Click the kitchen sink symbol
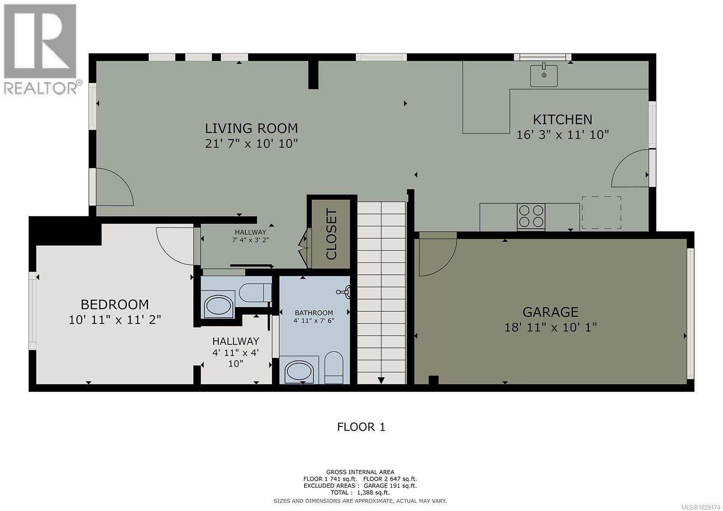tap(544, 75)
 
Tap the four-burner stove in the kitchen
tap(531, 216)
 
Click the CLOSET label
tap(331, 234)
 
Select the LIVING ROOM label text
tap(251, 128)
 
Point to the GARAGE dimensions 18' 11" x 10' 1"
tap(550, 327)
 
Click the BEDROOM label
tap(115, 304)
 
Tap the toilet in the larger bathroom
tap(334, 367)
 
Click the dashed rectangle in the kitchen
tap(601, 212)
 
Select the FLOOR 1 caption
tap(361, 427)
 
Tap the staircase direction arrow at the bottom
tap(381, 380)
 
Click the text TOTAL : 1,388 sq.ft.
tap(360, 492)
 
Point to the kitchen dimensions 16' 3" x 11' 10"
tap(563, 135)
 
